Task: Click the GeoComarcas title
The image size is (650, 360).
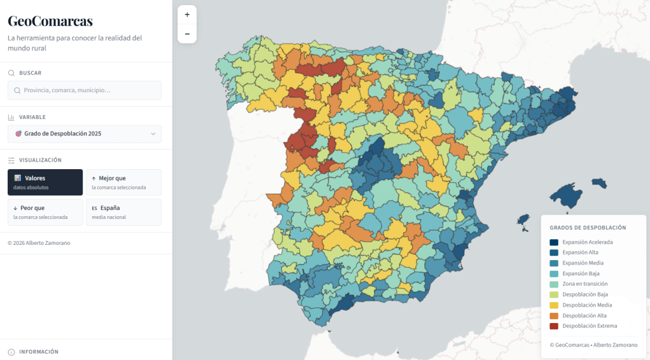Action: (x=50, y=21)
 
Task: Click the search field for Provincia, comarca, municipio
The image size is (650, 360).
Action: (x=85, y=90)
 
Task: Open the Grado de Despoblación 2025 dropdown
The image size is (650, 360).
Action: (x=85, y=134)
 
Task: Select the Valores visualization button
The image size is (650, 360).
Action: (x=45, y=183)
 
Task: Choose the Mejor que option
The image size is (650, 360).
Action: (x=123, y=183)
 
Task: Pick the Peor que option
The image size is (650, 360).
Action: (x=45, y=212)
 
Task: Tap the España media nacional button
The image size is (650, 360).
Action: (x=123, y=212)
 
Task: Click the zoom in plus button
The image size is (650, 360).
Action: (x=187, y=15)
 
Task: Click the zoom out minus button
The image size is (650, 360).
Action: (x=187, y=34)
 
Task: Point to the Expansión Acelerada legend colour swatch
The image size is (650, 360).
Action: (x=554, y=242)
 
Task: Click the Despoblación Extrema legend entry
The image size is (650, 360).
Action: (x=589, y=326)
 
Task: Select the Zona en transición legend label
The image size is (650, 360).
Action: (x=584, y=284)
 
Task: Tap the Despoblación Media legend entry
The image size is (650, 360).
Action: (x=586, y=305)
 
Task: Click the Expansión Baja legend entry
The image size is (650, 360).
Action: (x=581, y=273)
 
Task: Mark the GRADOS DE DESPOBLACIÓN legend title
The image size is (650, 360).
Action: (x=588, y=228)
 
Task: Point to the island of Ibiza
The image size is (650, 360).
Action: (x=523, y=220)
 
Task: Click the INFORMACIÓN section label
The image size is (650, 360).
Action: (x=39, y=352)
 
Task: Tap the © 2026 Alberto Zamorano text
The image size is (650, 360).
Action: (x=39, y=243)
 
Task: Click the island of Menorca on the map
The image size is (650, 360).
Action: (x=599, y=183)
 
